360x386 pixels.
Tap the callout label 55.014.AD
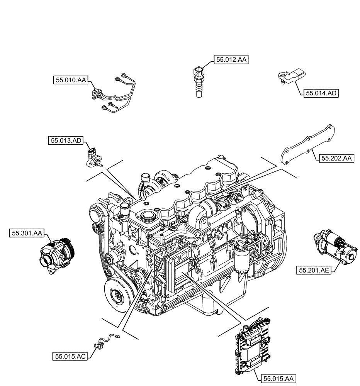321,93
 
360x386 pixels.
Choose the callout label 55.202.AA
336,158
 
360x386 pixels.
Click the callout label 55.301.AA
27,233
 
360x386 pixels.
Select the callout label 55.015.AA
278,380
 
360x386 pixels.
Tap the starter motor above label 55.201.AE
335,247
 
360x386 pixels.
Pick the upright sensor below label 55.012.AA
198,81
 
